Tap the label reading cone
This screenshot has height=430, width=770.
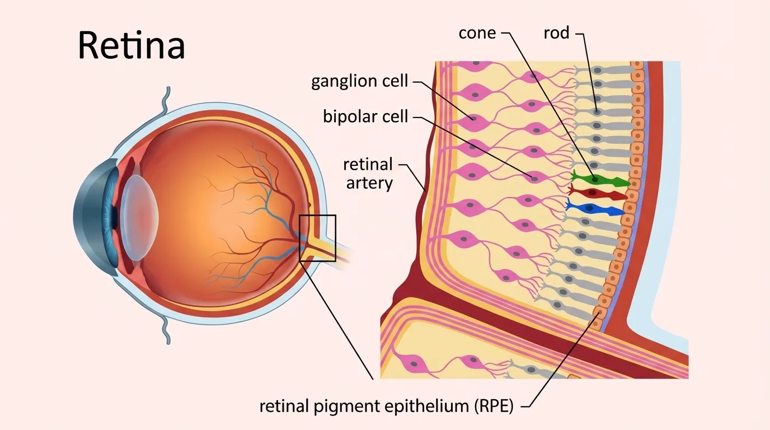tap(477, 33)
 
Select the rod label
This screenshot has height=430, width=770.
tap(556, 33)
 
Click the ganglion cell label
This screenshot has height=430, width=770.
tap(359, 81)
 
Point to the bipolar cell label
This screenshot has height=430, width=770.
tap(365, 117)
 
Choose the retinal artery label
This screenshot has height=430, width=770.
tap(368, 174)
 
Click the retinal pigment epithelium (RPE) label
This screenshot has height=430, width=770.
tap(386, 406)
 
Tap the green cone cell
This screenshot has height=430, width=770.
tap(599, 179)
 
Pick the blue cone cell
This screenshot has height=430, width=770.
tap(596, 209)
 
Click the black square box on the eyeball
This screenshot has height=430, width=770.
tap(317, 238)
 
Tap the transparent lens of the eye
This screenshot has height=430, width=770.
tap(139, 216)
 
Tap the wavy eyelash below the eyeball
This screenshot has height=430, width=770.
tap(166, 330)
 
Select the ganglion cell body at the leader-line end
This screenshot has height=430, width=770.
tap(473, 118)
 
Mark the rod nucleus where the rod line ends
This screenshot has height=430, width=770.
tap(597, 112)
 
